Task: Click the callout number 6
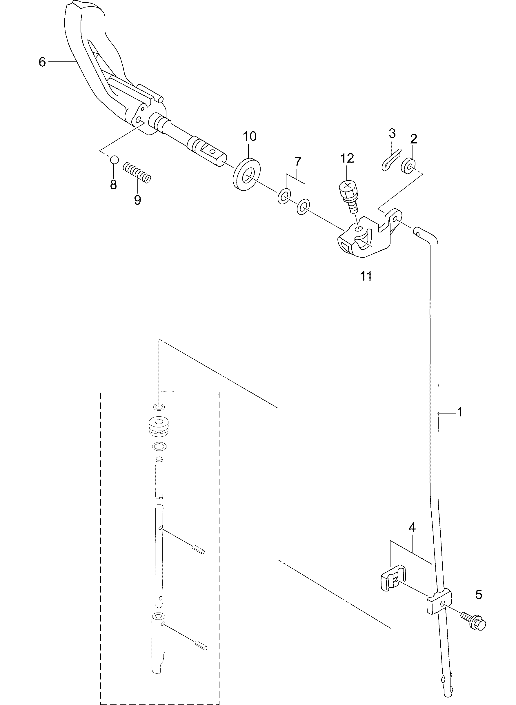pyautogui.click(x=42, y=62)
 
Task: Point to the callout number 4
pyautogui.click(x=412, y=528)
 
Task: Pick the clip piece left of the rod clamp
pyautogui.click(x=392, y=579)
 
